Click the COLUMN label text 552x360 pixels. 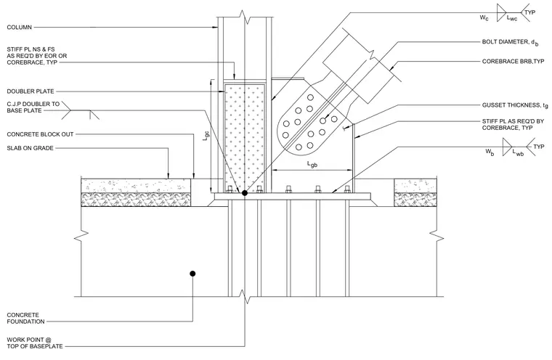(x=20, y=27)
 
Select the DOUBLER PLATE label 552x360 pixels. (x=31, y=91)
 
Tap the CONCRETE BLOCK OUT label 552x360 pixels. (x=40, y=134)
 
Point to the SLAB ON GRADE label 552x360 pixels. (x=30, y=148)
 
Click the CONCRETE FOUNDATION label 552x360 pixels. (x=25, y=318)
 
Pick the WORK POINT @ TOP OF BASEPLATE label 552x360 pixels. (x=35, y=343)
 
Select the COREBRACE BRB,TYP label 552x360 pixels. (x=513, y=61)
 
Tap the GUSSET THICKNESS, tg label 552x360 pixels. (x=515, y=105)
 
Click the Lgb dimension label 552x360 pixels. (x=312, y=164)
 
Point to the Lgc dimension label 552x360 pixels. (x=206, y=136)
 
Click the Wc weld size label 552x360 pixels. (x=484, y=17)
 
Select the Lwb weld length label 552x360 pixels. (x=518, y=152)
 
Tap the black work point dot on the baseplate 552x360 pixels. (x=244, y=193)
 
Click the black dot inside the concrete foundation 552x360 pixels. (x=192, y=274)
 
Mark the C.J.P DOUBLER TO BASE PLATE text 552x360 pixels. (x=33, y=107)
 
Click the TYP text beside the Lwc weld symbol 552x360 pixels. (x=529, y=12)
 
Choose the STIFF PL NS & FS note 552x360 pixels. (x=36, y=56)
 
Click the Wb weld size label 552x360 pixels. (x=490, y=152)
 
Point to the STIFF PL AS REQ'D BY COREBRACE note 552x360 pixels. (x=513, y=125)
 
